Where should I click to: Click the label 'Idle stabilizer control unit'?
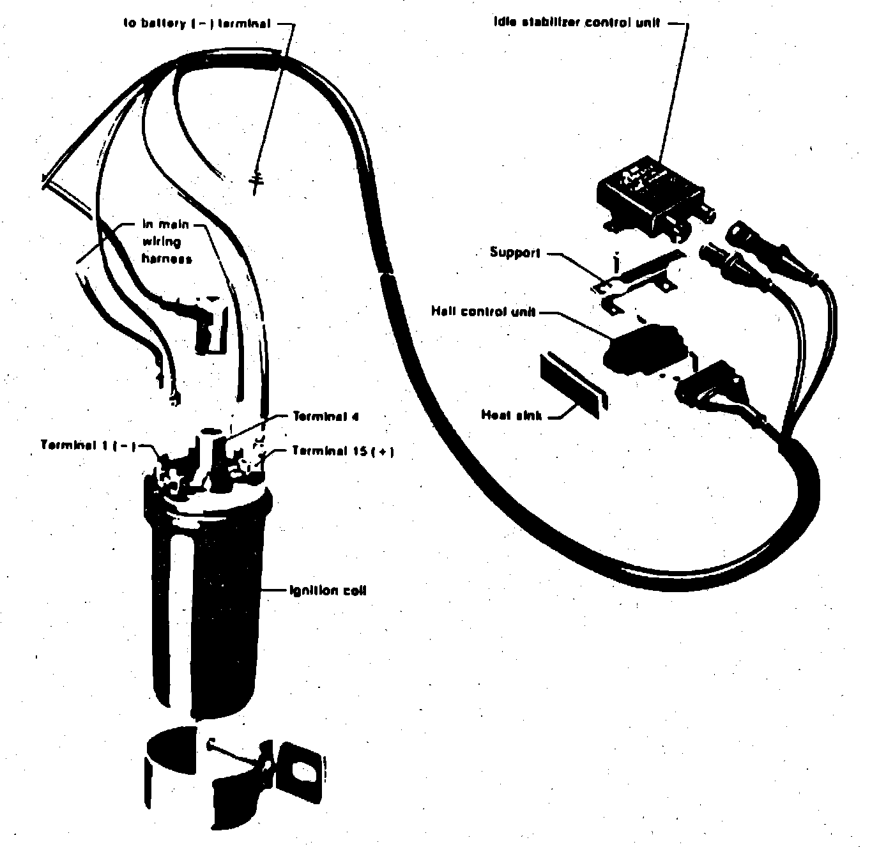576,23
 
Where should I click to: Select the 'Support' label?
515,252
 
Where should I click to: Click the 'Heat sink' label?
511,415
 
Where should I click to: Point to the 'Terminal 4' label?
326,416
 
